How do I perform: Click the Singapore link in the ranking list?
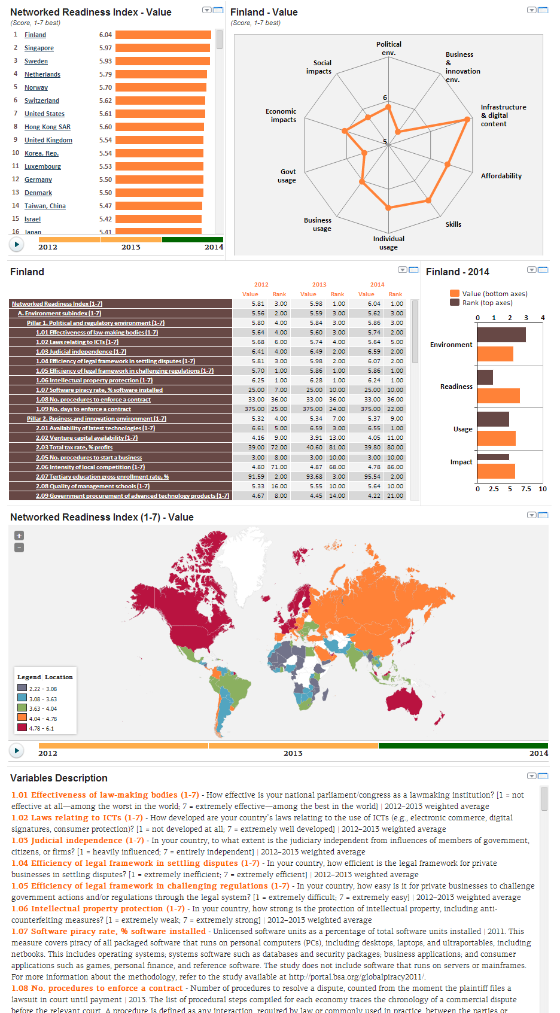click(x=39, y=48)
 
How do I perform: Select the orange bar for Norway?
click(x=160, y=87)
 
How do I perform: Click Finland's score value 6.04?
click(x=105, y=35)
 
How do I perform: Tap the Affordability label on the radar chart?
click(x=501, y=176)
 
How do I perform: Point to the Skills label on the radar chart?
click(x=453, y=224)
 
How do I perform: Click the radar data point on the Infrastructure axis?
click(x=468, y=119)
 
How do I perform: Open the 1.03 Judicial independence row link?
click(x=81, y=352)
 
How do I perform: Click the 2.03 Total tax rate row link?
click(x=74, y=448)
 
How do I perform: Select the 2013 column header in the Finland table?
click(x=319, y=285)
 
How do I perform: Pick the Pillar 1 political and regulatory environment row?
click(x=95, y=323)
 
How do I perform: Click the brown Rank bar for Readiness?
click(x=485, y=378)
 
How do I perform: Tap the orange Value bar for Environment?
click(x=495, y=354)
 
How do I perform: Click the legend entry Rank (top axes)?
click(x=487, y=303)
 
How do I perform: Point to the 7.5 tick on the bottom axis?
click(x=526, y=489)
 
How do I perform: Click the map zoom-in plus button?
click(x=19, y=536)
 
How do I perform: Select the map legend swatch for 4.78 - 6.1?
click(x=22, y=728)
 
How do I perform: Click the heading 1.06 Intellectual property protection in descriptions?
click(x=98, y=909)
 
